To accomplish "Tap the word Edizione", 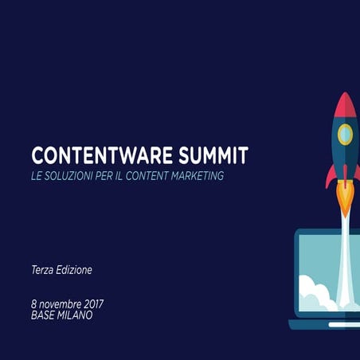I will (76, 270).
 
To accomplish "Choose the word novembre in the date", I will (61, 304).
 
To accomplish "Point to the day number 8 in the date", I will (34, 304).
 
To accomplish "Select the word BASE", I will (45, 315).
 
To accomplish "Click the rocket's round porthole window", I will (344, 134).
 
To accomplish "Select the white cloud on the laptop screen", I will (315, 295).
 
